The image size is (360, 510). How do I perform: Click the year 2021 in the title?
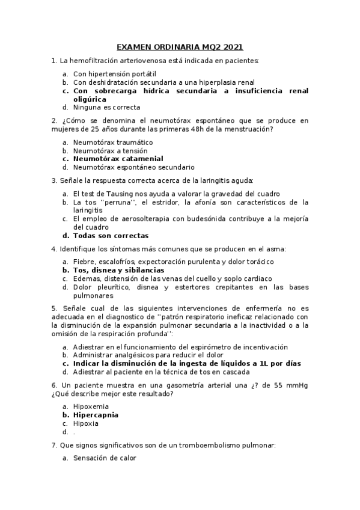(233, 47)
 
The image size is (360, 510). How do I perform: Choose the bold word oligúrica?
(91, 99)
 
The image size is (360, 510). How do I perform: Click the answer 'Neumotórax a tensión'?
(110, 150)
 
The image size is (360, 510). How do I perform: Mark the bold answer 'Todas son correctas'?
(111, 236)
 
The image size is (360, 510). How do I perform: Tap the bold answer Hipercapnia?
(96, 415)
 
